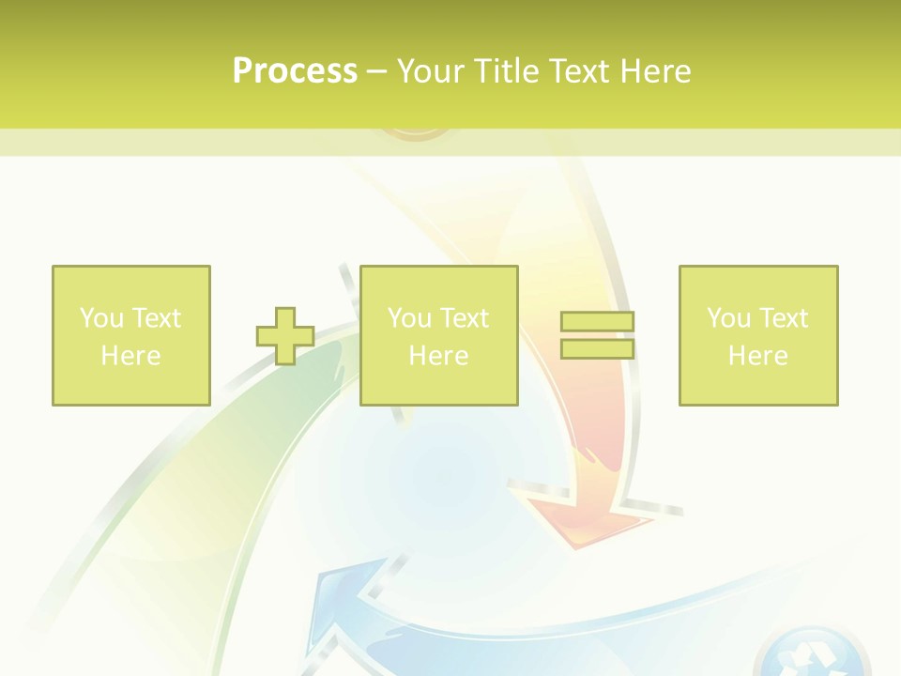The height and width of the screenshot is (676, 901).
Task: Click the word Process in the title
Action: click(295, 71)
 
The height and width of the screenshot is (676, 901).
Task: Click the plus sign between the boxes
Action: click(285, 335)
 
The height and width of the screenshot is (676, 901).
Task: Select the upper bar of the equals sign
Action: click(597, 321)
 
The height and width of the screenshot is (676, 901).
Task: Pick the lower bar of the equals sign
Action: click(597, 349)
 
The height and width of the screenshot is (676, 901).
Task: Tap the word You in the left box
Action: click(100, 318)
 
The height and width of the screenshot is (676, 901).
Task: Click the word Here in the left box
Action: click(130, 356)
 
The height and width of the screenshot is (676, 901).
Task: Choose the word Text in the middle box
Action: click(463, 318)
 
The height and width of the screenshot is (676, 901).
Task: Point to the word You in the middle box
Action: click(408, 318)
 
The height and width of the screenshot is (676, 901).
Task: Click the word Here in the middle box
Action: click(438, 356)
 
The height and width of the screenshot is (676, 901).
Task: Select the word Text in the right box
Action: click(782, 318)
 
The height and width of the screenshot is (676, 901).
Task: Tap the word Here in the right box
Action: click(757, 356)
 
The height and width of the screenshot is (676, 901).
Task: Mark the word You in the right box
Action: click(727, 318)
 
